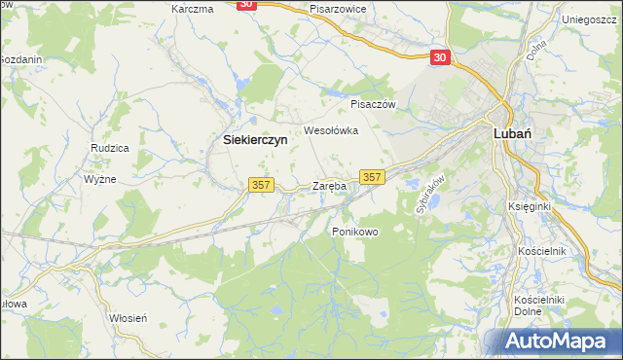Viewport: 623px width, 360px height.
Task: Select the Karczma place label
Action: (192, 9)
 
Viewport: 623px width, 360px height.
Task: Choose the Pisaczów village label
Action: (370, 103)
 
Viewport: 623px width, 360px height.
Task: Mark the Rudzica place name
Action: (110, 149)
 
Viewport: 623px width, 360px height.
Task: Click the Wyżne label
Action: (100, 180)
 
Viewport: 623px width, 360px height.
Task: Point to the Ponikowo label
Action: (354, 232)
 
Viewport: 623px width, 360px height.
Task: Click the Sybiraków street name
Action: (429, 194)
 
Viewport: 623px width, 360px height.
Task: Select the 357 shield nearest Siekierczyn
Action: (261, 185)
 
